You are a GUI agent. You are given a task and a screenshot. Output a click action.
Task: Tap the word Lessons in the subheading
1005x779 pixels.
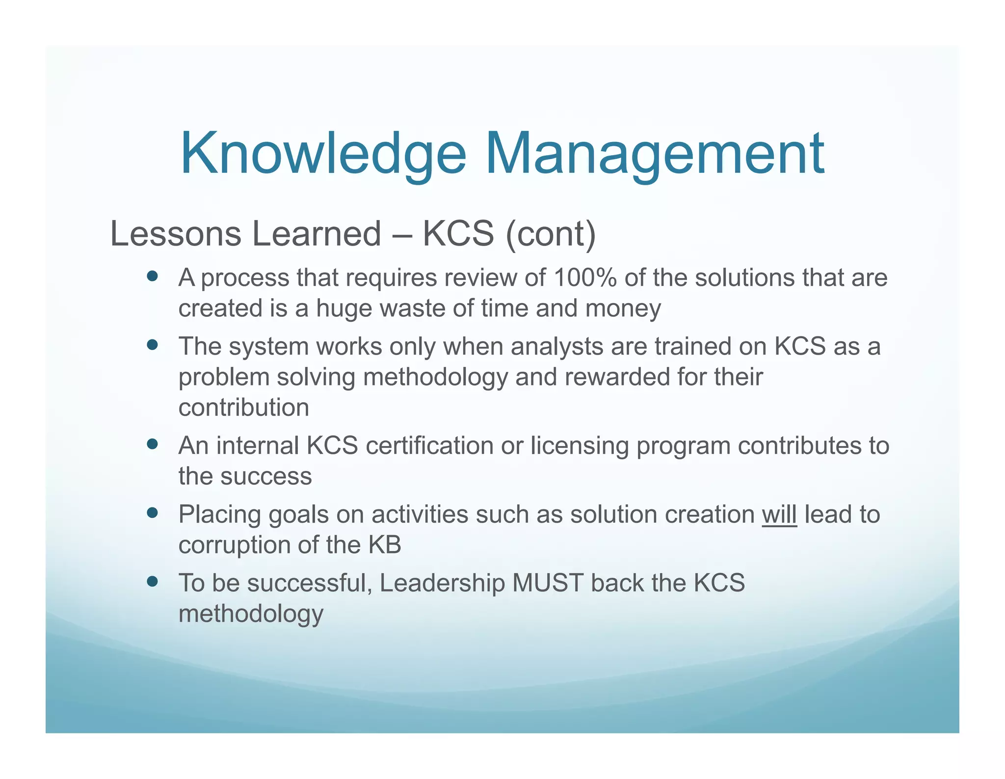click(x=175, y=234)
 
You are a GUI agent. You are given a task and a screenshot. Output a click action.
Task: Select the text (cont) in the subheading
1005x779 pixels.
click(x=550, y=234)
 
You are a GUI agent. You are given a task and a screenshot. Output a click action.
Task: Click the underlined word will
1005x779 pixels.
click(x=779, y=515)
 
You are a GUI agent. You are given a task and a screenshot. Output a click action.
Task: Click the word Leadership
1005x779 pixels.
click(x=442, y=583)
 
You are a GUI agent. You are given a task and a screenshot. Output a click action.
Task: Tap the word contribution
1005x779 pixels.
click(x=243, y=408)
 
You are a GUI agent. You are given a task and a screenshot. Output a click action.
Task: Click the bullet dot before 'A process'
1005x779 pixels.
click(x=152, y=277)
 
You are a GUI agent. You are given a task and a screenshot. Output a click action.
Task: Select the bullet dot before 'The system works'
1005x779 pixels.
click(x=152, y=345)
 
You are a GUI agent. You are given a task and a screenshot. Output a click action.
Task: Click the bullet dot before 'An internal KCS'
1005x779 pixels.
click(x=152, y=445)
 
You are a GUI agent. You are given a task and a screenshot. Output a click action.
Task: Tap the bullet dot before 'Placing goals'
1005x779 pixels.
click(x=152, y=513)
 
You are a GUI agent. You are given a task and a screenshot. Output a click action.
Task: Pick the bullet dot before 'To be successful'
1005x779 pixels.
click(x=152, y=582)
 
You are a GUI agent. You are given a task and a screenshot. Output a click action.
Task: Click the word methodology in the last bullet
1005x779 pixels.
click(x=251, y=614)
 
